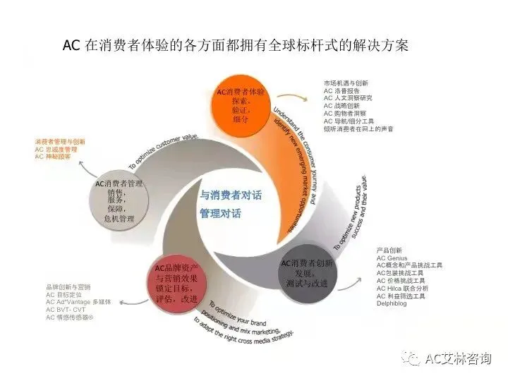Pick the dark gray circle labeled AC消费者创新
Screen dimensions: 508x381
308,272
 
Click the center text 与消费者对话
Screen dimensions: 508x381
230,195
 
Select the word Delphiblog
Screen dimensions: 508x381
392,305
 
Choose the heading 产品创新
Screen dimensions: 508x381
389,250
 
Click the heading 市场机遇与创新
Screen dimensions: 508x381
346,83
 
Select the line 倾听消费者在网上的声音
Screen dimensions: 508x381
358,129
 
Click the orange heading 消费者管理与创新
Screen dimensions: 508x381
60,142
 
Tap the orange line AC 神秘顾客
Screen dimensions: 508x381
54,157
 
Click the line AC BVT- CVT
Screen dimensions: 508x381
66,310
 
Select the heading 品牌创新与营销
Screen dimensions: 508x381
68,287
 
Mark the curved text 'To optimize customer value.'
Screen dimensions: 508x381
164,150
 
